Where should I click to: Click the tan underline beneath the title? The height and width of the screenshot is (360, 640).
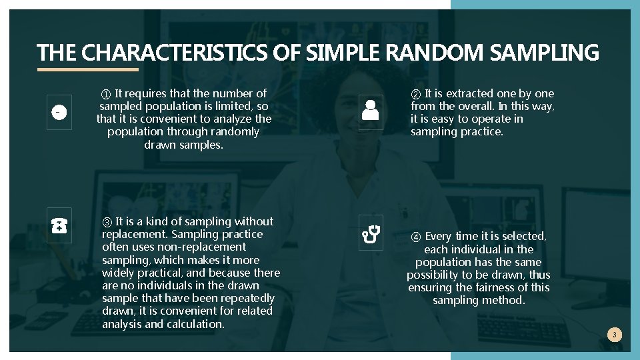87,69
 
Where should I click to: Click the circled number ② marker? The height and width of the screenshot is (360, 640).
416,94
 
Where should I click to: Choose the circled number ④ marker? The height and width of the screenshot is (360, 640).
415,237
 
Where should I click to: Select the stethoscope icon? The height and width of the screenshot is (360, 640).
371,233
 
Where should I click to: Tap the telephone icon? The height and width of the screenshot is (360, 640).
59,226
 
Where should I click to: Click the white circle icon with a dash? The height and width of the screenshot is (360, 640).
59,113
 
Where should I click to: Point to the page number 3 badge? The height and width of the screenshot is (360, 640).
615,335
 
